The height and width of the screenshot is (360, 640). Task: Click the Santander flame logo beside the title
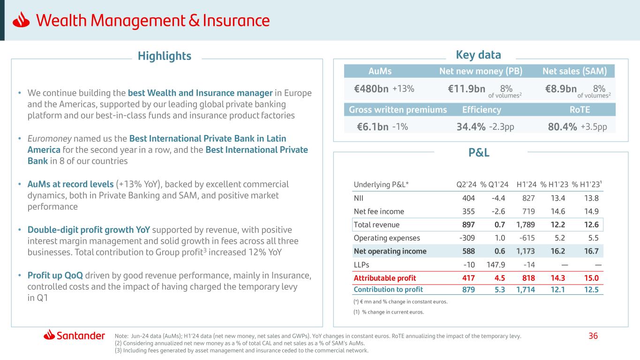click(22, 21)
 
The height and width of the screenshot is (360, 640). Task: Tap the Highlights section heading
click(165, 56)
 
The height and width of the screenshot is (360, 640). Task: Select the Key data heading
click(478, 55)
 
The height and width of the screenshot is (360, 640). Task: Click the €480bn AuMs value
click(371, 89)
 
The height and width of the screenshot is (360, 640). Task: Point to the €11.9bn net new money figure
click(467, 89)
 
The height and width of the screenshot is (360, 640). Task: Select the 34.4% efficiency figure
click(471, 127)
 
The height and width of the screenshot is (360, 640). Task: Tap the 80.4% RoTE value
click(562, 127)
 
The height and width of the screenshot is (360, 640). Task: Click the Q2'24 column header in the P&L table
click(466, 184)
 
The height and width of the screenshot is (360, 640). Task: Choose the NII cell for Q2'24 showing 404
click(468, 198)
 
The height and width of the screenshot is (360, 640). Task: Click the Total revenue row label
click(376, 225)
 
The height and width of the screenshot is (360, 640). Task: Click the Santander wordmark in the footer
click(81, 336)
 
